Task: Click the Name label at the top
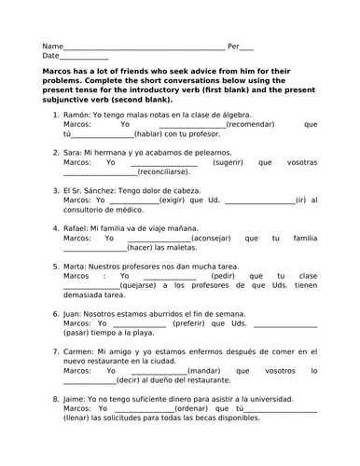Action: pos(52,45)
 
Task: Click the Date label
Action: pos(50,55)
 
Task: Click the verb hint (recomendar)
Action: pos(251,123)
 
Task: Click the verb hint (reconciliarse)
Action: pos(170,171)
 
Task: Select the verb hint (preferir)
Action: pos(196,325)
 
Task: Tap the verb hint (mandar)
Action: pos(207,370)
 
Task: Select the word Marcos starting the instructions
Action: pos(61,70)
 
